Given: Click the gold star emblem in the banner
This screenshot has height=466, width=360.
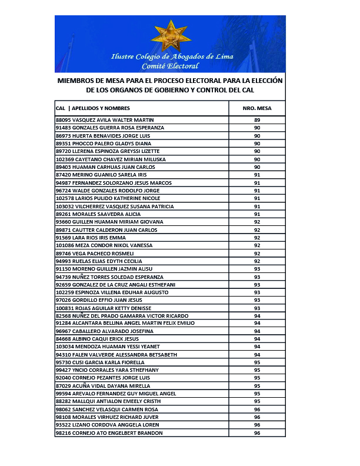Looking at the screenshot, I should pyautogui.click(x=171, y=36).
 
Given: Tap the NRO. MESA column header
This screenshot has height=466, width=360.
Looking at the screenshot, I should pyautogui.click(x=256, y=108).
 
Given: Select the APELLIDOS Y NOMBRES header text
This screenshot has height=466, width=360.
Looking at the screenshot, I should pyautogui.click(x=101, y=108).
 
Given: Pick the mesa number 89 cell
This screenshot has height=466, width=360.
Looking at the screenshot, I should pyautogui.click(x=257, y=120).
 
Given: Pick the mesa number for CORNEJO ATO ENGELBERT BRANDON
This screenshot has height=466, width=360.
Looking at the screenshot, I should pyautogui.click(x=257, y=433).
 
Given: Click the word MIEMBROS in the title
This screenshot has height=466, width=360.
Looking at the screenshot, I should pyautogui.click(x=76, y=80).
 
